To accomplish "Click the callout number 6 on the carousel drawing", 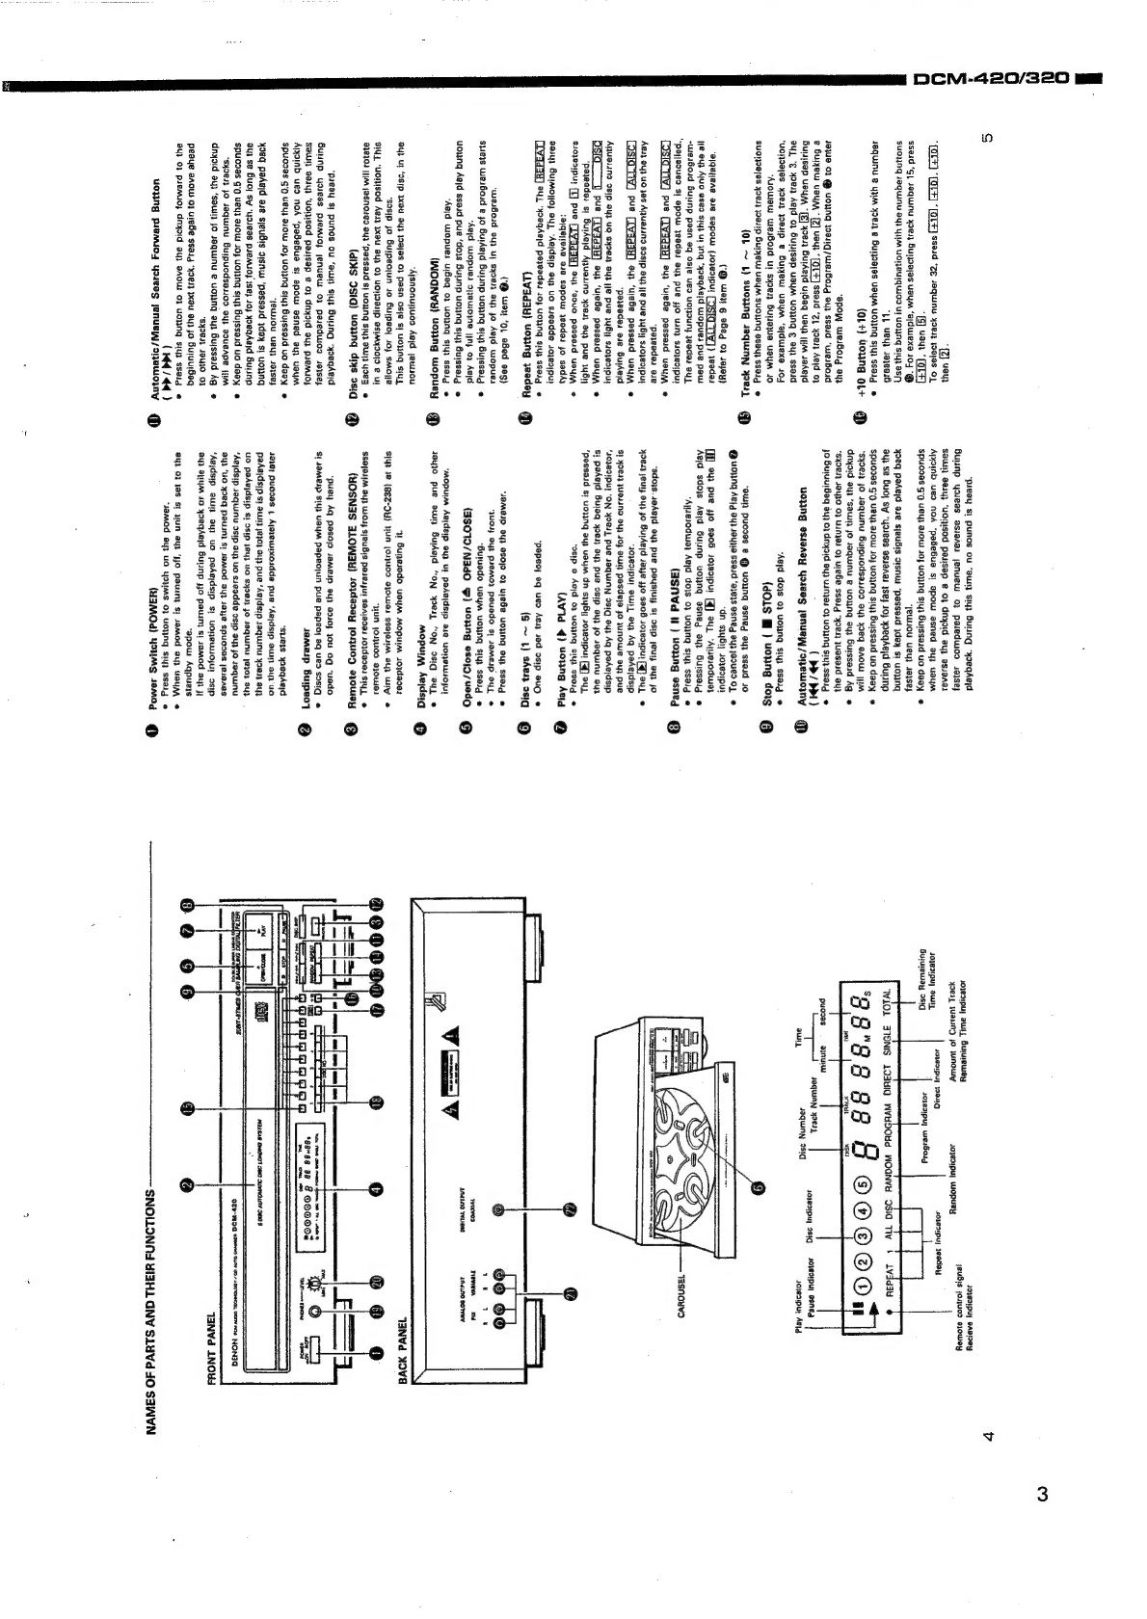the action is (x=759, y=1187).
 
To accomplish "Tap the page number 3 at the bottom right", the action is (x=1042, y=1495).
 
